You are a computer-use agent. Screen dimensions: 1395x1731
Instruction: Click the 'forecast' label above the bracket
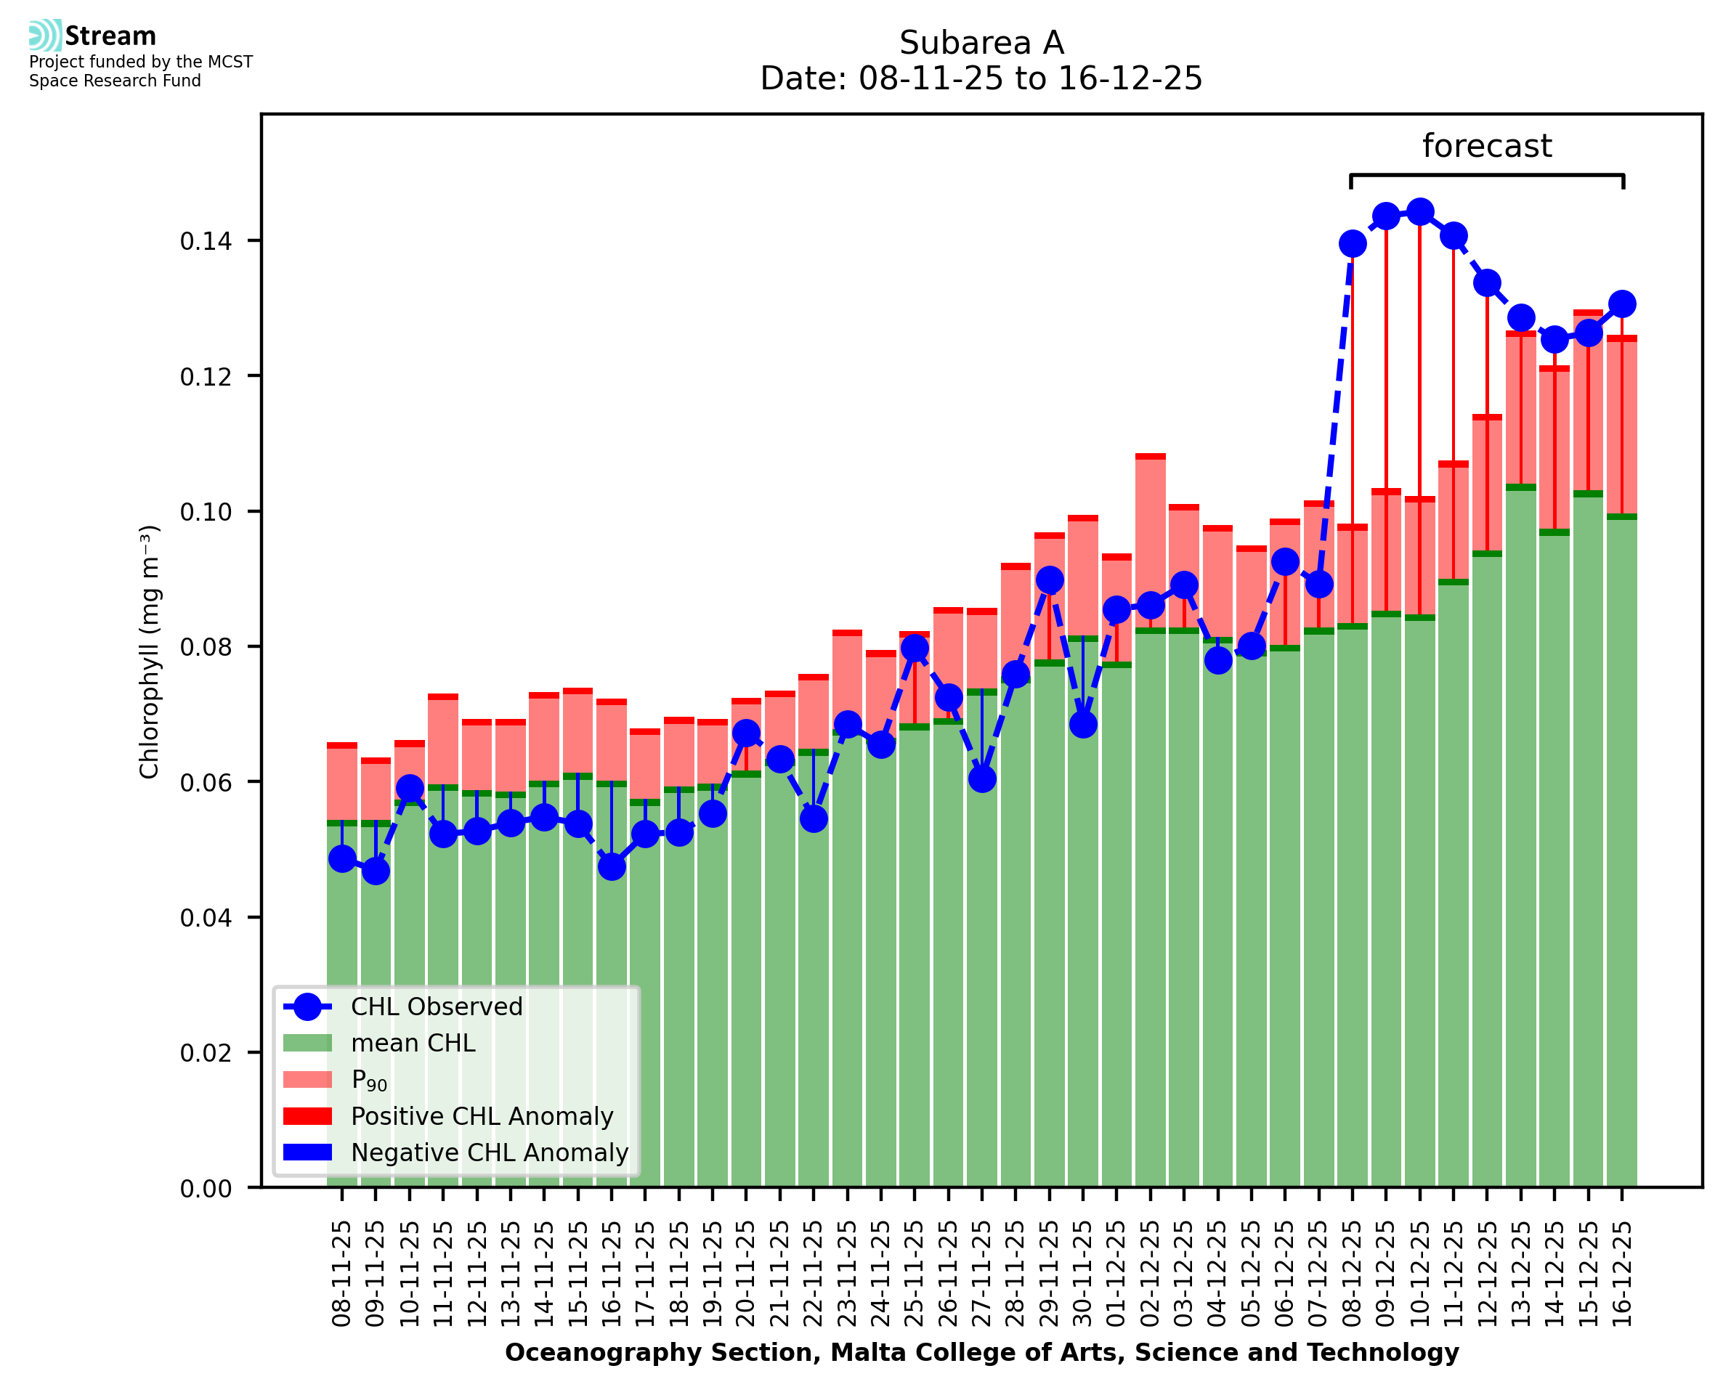(x=1487, y=146)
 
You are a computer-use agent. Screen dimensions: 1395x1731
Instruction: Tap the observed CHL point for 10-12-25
(x=1420, y=212)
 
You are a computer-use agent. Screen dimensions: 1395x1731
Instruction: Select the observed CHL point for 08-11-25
(x=342, y=859)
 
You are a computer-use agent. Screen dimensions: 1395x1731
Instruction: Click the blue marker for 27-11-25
(x=982, y=778)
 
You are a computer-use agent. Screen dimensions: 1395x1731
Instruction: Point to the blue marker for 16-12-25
(x=1622, y=304)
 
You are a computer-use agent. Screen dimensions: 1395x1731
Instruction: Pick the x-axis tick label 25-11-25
(x=915, y=1274)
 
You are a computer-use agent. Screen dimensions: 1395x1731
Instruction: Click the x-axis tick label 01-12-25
(x=1116, y=1274)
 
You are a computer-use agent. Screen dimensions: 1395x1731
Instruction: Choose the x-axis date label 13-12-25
(x=1520, y=1274)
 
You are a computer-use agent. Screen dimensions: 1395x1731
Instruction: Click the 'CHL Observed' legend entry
(x=437, y=1007)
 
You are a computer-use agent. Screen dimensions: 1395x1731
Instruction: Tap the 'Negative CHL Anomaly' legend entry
(x=489, y=1152)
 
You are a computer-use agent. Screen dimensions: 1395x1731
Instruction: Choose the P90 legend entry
(x=369, y=1080)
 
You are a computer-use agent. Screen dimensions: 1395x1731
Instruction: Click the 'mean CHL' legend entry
(x=413, y=1043)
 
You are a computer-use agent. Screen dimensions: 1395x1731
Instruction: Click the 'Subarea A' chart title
(x=981, y=44)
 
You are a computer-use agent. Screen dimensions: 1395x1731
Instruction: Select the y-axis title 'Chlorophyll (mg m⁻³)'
(x=150, y=651)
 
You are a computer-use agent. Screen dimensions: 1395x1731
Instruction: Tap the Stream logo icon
(x=44, y=36)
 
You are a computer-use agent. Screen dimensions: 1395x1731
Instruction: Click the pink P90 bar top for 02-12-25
(x=1150, y=457)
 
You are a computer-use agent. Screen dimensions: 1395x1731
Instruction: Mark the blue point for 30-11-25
(x=1082, y=724)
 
